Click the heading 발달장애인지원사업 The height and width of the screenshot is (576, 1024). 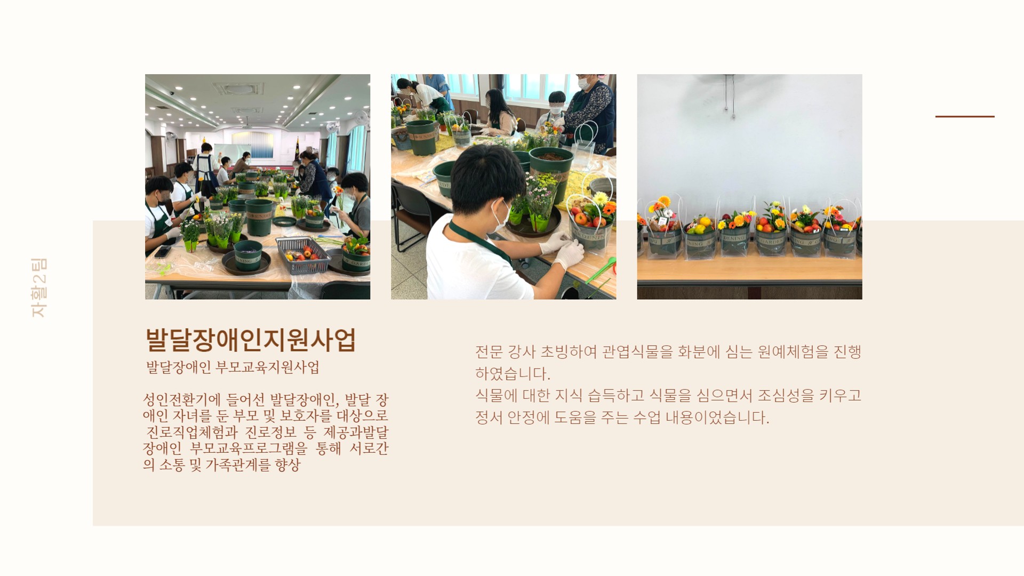pyautogui.click(x=251, y=340)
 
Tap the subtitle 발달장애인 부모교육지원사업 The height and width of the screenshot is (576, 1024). pyautogui.click(x=233, y=367)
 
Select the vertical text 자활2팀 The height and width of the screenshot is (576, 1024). pyautogui.click(x=39, y=287)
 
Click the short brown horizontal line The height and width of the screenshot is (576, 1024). pyautogui.click(x=965, y=116)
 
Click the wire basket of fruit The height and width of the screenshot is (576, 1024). pyautogui.click(x=303, y=255)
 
